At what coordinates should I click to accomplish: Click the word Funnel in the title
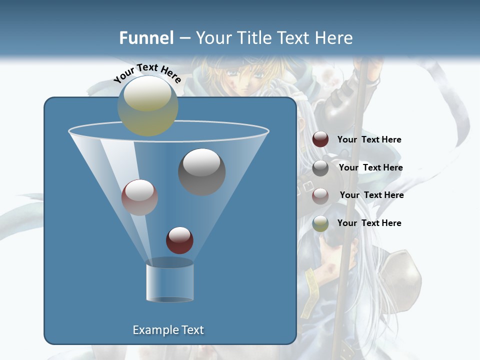point(146,38)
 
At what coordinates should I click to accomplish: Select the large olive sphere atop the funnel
point(148,105)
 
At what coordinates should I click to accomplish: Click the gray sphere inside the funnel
point(202,172)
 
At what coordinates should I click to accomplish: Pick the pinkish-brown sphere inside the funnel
point(139,197)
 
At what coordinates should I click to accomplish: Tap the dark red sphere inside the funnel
point(179,240)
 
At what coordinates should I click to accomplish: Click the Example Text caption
point(168,330)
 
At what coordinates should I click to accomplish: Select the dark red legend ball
point(320,139)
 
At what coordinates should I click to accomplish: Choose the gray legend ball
point(320,168)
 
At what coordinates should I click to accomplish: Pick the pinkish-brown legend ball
point(320,195)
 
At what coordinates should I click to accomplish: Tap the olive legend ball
point(320,223)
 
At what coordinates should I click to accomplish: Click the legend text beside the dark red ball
point(369,140)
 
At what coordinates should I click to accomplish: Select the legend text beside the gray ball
point(370,168)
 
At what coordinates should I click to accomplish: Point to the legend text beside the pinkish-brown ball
point(371,195)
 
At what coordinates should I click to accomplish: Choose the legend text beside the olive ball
point(369,223)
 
